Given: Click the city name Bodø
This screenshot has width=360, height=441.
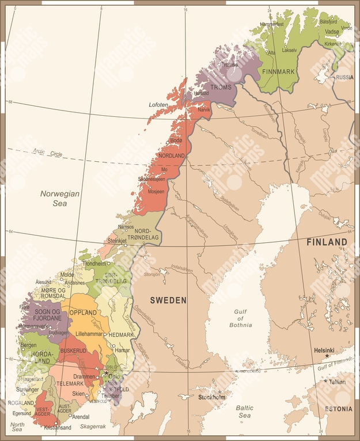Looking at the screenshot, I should [x=176, y=141].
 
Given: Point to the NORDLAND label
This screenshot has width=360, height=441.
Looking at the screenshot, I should [x=172, y=156].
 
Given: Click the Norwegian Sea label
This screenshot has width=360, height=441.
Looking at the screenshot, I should [x=59, y=199].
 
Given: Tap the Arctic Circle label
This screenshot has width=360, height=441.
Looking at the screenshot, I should [x=47, y=153].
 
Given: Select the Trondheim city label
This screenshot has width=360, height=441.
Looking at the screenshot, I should [x=94, y=263].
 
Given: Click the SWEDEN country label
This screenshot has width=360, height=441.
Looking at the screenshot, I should [x=168, y=300].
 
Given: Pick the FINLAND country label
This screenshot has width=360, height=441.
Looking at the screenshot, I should [x=327, y=242].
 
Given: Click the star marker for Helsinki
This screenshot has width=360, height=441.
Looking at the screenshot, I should [x=327, y=356].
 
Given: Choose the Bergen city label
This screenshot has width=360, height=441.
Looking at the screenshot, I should [x=28, y=345].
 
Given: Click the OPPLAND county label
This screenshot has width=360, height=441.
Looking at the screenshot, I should [x=84, y=313].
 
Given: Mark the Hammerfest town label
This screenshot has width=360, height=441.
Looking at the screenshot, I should [x=272, y=24].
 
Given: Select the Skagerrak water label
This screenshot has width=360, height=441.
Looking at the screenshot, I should [x=93, y=427].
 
